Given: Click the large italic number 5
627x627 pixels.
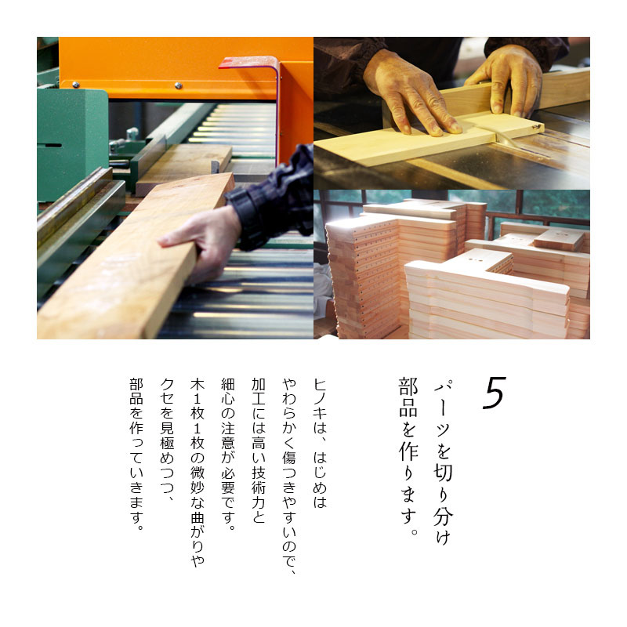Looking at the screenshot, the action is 495,393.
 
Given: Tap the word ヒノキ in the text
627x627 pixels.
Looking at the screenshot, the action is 320,400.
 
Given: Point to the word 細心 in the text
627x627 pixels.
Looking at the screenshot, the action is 228,392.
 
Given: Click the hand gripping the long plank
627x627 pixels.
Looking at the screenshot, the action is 199,242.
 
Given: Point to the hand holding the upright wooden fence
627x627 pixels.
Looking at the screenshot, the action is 509,80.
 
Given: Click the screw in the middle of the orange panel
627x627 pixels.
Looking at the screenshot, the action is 179,85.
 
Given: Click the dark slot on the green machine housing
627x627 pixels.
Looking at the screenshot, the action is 49,145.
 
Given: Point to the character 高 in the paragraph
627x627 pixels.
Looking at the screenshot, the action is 259,443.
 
